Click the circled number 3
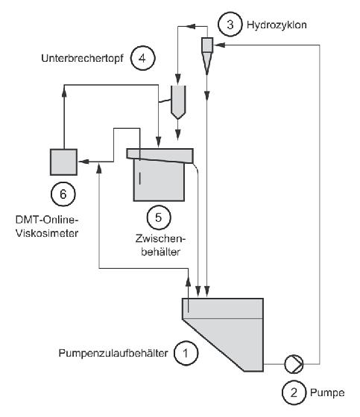(230, 24)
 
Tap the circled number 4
(142, 58)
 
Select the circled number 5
(159, 217)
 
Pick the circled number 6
(63, 194)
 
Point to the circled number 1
(186, 353)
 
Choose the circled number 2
(294, 392)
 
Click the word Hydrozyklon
(277, 25)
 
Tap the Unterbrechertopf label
(82, 58)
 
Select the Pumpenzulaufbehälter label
(113, 353)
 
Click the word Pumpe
(327, 393)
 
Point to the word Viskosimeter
(47, 233)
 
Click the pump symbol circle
(294, 364)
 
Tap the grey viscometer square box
(63, 162)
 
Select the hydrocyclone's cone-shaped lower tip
(207, 63)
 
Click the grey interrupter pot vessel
(178, 102)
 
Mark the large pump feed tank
(223, 334)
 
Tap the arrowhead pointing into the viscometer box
(83, 162)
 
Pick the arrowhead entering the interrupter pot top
(178, 79)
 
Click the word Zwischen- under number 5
(160, 238)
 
